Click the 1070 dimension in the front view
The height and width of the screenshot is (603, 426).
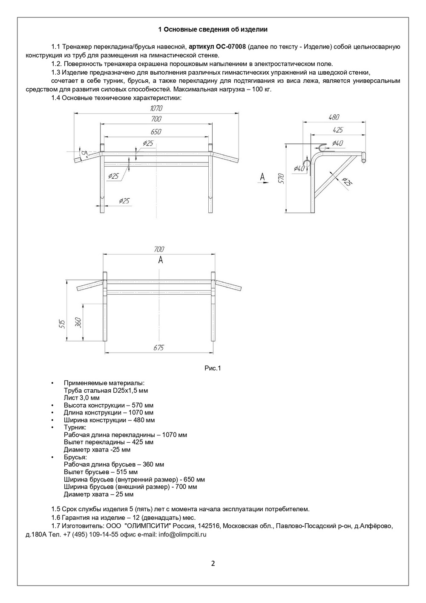[156, 108]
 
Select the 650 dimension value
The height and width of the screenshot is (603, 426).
[156, 132]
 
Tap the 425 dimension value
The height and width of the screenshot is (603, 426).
[337, 130]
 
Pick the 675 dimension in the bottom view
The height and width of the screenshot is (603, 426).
[158, 348]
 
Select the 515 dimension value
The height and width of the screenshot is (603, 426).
[62, 324]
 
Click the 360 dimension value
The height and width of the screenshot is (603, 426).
[78, 322]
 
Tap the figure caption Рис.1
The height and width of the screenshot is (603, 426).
[213, 368]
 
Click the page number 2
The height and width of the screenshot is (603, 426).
[213, 563]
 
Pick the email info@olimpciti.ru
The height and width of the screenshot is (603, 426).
[182, 534]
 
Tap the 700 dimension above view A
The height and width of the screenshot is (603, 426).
[158, 249]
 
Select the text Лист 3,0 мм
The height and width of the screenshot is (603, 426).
[81, 398]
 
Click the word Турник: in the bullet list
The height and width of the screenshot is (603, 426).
[75, 427]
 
